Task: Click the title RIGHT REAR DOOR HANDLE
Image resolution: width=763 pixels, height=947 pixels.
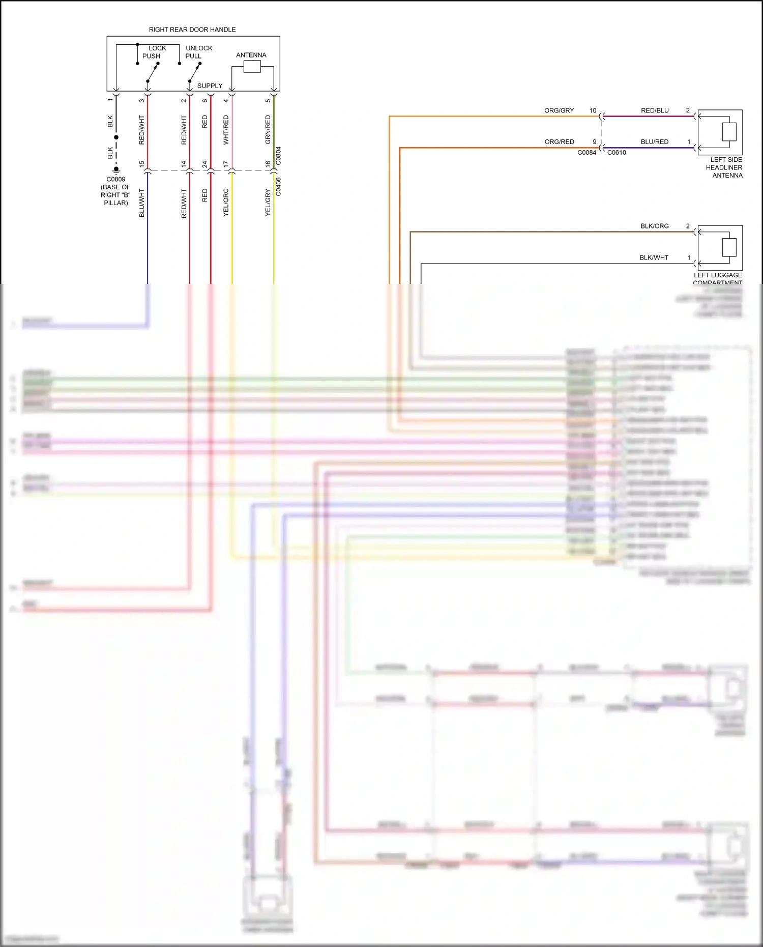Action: pyautogui.click(x=192, y=30)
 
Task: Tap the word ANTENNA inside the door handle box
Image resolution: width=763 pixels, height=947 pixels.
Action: pyautogui.click(x=251, y=55)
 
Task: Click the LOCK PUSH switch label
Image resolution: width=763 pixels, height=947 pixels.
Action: pyautogui.click(x=153, y=52)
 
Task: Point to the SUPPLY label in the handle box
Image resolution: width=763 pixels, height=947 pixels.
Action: pyautogui.click(x=210, y=85)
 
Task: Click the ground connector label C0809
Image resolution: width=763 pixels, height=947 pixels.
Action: pyautogui.click(x=115, y=179)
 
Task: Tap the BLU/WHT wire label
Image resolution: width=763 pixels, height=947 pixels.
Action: pyautogui.click(x=142, y=203)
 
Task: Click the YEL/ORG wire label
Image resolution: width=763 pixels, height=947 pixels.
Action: pyautogui.click(x=226, y=203)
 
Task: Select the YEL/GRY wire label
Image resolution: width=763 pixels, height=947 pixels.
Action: pyautogui.click(x=268, y=203)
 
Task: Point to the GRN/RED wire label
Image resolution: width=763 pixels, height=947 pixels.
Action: pyautogui.click(x=268, y=129)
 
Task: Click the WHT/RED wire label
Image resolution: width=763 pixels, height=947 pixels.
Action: pyautogui.click(x=226, y=129)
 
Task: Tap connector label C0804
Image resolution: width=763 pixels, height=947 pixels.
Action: pyautogui.click(x=278, y=156)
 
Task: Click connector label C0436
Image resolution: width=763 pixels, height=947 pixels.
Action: pyautogui.click(x=278, y=187)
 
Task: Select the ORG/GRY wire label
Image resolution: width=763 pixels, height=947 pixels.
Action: pyautogui.click(x=559, y=110)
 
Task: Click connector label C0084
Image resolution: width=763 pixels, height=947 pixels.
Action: pyautogui.click(x=586, y=153)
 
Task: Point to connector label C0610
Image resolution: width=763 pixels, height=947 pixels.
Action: pyautogui.click(x=617, y=153)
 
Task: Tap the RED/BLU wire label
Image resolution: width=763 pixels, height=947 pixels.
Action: pyautogui.click(x=655, y=110)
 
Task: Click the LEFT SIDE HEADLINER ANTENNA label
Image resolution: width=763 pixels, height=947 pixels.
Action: pyautogui.click(x=724, y=167)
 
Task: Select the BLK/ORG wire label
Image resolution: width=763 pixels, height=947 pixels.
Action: pyautogui.click(x=654, y=226)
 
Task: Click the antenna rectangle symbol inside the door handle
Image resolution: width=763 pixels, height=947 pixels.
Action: pyautogui.click(x=252, y=67)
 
